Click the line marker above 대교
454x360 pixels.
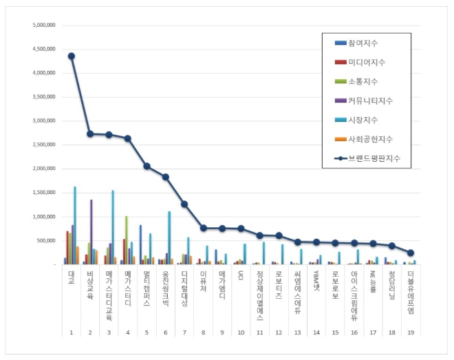72,56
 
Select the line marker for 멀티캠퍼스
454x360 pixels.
147,166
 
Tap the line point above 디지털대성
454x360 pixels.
184,204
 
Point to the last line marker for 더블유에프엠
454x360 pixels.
410,253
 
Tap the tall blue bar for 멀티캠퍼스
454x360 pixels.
140,244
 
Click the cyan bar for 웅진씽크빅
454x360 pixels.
169,237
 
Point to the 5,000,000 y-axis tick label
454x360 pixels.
44,25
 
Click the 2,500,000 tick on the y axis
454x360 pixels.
44,145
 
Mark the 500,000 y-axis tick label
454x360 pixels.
47,240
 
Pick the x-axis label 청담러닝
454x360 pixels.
391,284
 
